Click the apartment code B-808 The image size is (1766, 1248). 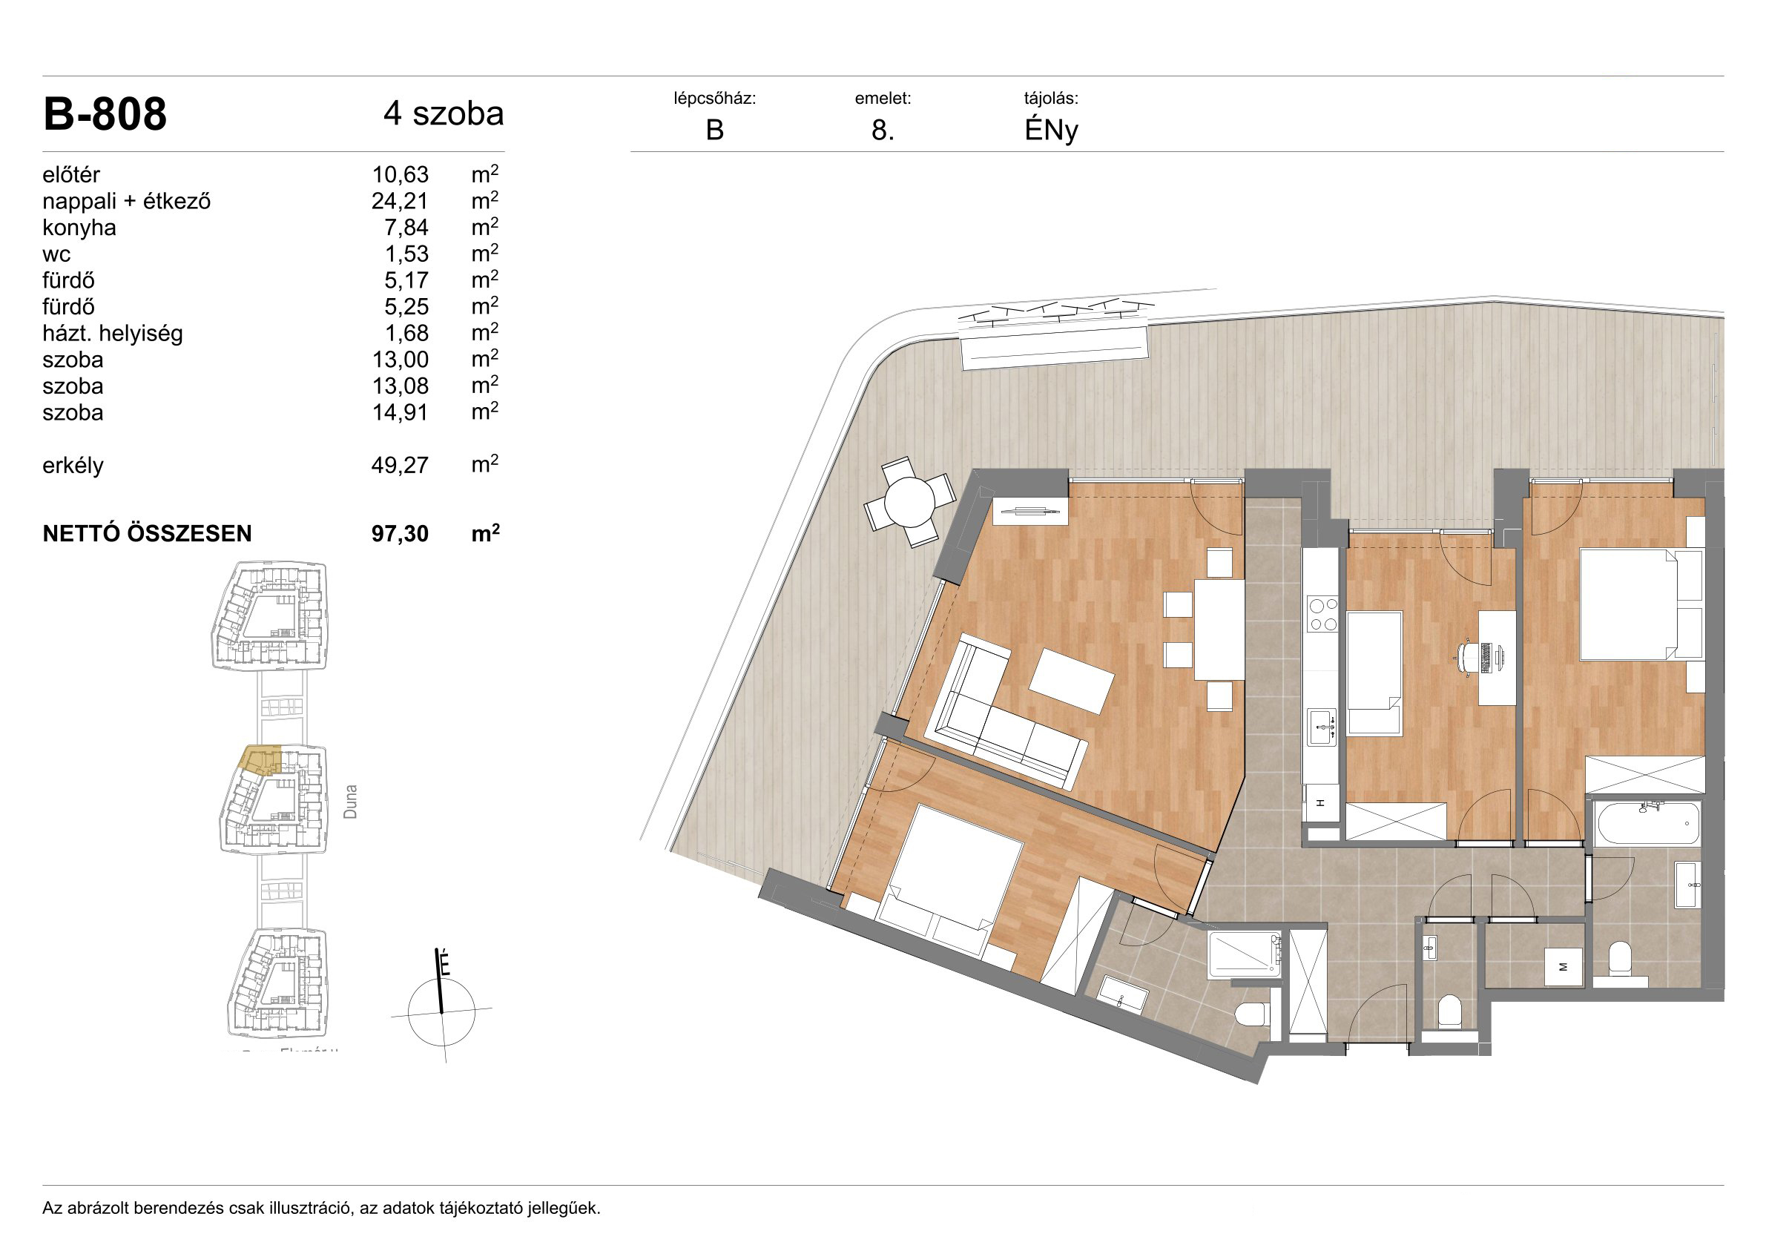(x=105, y=115)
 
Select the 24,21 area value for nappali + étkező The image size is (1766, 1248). (x=400, y=202)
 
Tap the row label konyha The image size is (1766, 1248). (x=79, y=228)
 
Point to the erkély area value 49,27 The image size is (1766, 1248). (x=400, y=465)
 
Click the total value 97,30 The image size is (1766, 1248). (x=400, y=534)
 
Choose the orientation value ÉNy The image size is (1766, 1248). (x=1051, y=131)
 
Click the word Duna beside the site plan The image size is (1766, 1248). (x=350, y=802)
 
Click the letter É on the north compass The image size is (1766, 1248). (x=444, y=963)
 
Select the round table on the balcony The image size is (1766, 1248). (x=909, y=501)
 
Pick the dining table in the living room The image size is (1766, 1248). (x=1219, y=630)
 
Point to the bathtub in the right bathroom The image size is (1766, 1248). (x=1647, y=824)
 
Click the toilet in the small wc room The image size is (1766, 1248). (x=1449, y=1011)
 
